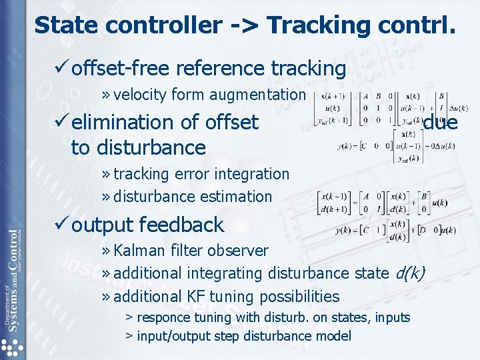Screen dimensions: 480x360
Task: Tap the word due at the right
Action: click(x=440, y=122)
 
